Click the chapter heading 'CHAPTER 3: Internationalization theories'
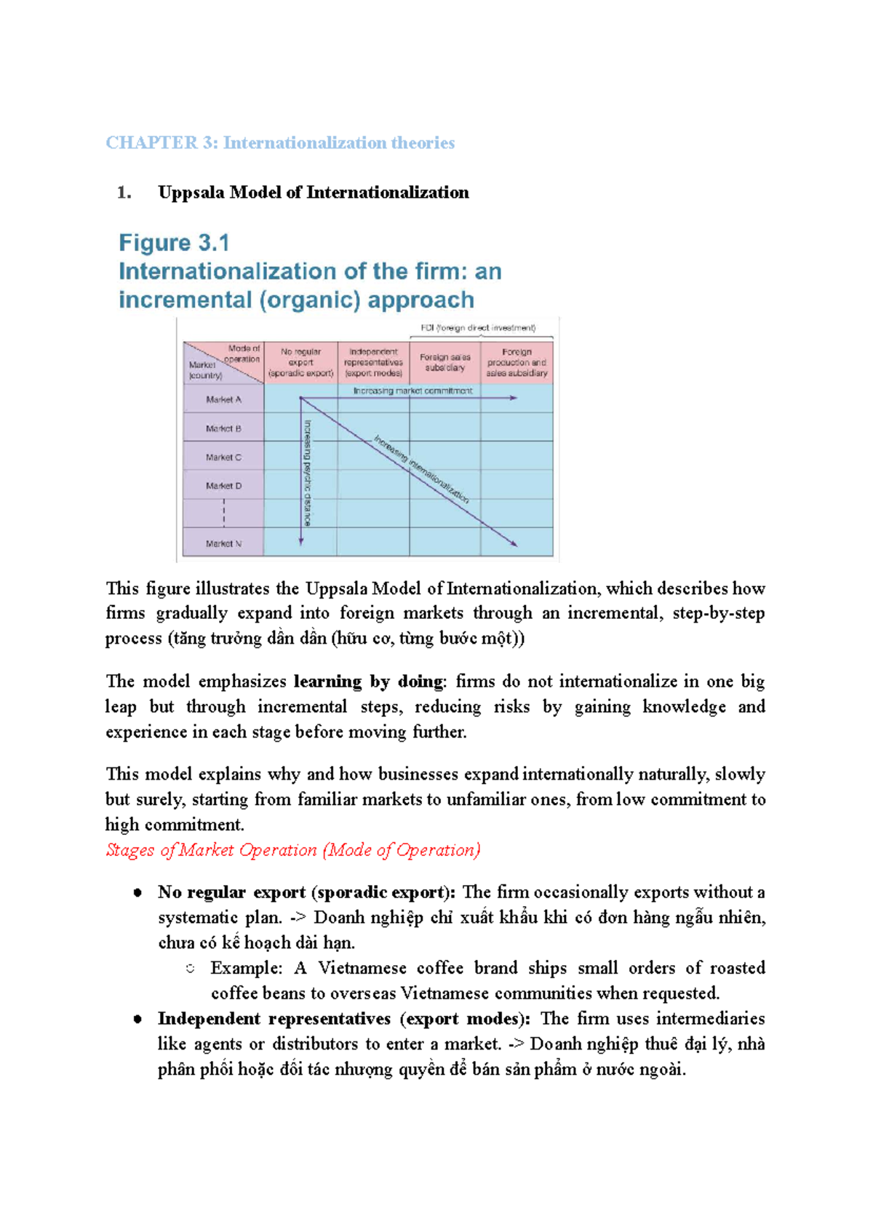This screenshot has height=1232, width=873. coord(280,143)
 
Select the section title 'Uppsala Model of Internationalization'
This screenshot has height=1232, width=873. coord(313,193)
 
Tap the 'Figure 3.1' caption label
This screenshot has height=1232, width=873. coord(174,243)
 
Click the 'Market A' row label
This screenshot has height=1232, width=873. coord(223,399)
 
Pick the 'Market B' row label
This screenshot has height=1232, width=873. coord(223,428)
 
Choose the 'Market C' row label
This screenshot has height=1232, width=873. coord(223,457)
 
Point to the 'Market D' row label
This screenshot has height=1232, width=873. coord(223,486)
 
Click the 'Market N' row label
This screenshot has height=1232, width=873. coord(223,543)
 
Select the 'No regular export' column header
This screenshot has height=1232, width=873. coord(300,362)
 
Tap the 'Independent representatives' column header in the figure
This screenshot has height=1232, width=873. coord(373,362)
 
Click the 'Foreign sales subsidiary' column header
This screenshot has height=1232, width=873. coord(445,362)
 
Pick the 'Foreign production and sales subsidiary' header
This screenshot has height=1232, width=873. coord(517,362)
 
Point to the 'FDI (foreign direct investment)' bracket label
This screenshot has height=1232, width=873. coord(478,328)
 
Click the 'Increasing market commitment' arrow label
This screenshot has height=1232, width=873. coord(412,391)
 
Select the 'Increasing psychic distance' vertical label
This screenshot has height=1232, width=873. coord(308,473)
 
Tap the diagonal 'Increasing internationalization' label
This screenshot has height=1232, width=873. coord(421,469)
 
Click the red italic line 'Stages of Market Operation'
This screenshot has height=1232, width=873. coord(292,850)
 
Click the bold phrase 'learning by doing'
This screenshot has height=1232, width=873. coord(368,681)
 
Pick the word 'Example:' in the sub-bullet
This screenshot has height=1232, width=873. coord(246,968)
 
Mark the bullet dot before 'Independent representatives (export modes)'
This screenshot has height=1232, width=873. coord(137,1019)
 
